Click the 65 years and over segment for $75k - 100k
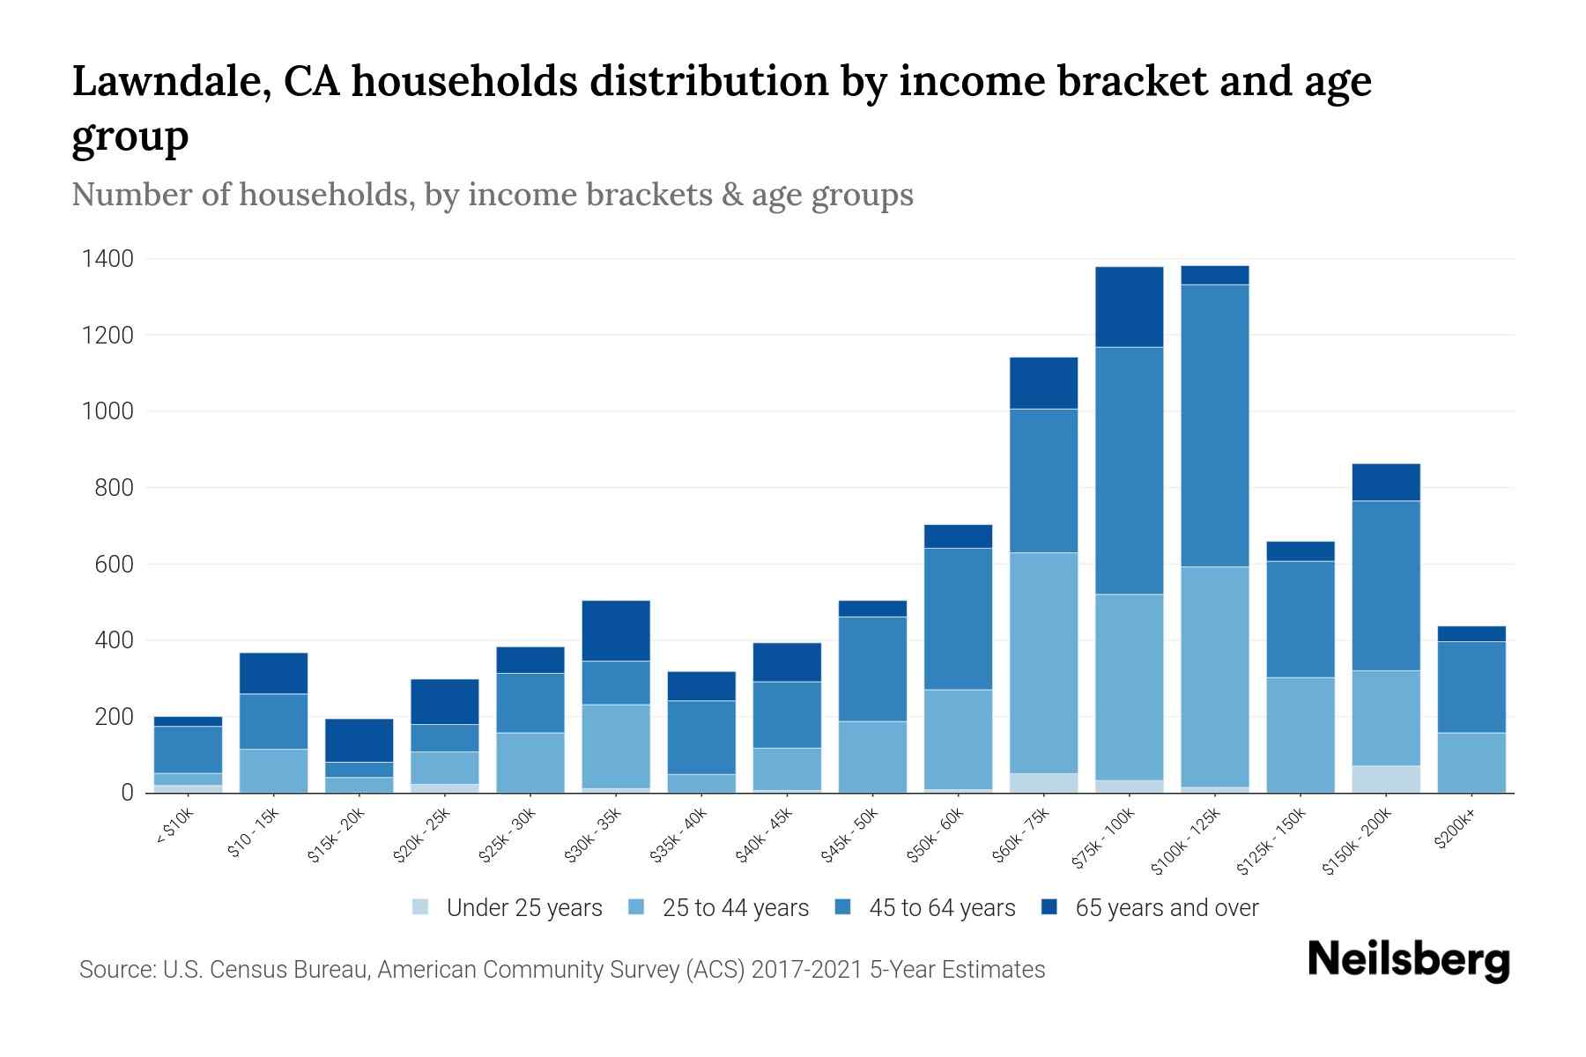coord(1129,307)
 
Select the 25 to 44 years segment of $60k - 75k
coord(1043,662)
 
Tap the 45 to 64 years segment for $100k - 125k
coord(1214,425)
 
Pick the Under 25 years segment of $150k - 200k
coord(1386,779)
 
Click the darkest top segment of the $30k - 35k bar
coord(616,631)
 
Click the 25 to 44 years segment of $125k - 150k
coord(1300,735)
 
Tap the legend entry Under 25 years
coord(523,908)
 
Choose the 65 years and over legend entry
coord(1166,908)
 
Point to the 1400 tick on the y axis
coord(107,259)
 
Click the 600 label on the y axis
coord(114,564)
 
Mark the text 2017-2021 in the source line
coord(807,970)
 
